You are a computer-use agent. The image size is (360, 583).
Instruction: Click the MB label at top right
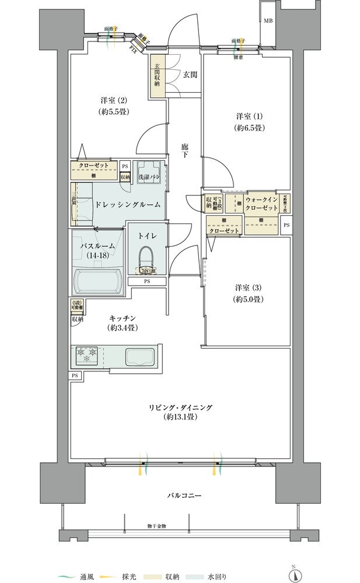pyautogui.click(x=268, y=21)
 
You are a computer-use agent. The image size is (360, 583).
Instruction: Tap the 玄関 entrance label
pyautogui.click(x=189, y=74)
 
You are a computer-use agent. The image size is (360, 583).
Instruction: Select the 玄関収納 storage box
pyautogui.click(x=157, y=75)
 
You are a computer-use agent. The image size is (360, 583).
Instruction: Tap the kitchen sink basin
pyautogui.click(x=139, y=356)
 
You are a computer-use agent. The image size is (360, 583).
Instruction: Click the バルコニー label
pyautogui.click(x=184, y=495)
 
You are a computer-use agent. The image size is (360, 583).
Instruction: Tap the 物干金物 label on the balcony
pyautogui.click(x=156, y=526)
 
